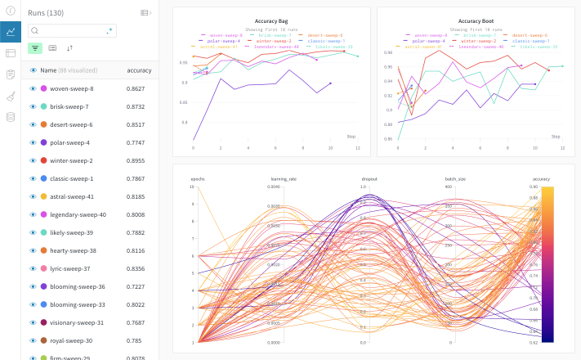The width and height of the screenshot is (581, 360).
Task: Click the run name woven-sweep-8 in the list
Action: coord(71,88)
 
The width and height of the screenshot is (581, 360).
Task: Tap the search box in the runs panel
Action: coord(72,30)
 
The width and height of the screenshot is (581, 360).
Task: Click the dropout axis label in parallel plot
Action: coord(369,178)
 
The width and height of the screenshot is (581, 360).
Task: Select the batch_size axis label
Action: coord(455,178)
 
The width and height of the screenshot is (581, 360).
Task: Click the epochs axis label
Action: coord(198,178)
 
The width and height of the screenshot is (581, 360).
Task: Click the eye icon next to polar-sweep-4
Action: coord(34,142)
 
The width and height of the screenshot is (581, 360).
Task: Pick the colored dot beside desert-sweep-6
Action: coord(43,124)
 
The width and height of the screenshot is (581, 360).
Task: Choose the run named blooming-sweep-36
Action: coord(77,286)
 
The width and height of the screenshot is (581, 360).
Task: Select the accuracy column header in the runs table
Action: coord(139,70)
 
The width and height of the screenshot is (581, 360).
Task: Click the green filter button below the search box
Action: coord(35,48)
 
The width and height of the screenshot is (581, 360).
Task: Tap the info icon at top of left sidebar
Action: coord(11,11)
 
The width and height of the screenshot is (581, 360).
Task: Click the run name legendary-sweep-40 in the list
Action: coord(78,214)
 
